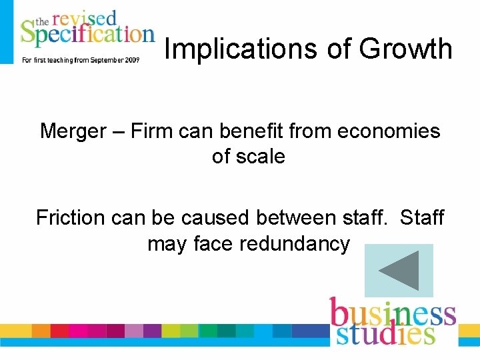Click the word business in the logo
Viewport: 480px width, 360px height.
click(x=393, y=313)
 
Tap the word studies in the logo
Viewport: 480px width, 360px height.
click(x=385, y=333)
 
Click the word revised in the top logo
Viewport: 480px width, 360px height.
click(x=85, y=17)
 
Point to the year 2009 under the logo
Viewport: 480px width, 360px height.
click(x=131, y=59)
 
